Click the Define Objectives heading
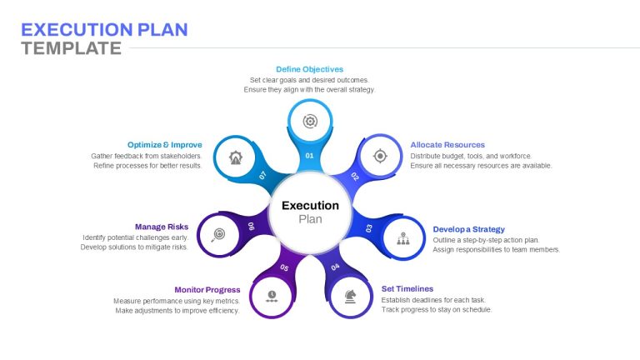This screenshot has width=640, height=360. [309, 69]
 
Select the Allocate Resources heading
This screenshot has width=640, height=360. [447, 145]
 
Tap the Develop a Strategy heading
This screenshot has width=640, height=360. [468, 229]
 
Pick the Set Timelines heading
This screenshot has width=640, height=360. [407, 289]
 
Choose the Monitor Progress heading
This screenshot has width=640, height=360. [207, 290]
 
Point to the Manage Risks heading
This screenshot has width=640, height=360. [162, 227]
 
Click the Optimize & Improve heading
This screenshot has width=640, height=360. [164, 145]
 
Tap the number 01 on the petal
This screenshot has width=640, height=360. [309, 156]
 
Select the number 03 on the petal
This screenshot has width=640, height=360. [369, 228]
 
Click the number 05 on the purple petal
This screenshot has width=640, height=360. [284, 267]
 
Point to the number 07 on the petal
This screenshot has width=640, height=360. [262, 176]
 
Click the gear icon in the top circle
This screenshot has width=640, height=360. [310, 121]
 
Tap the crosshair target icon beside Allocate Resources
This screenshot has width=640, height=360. [380, 156]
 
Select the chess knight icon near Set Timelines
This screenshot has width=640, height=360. [350, 297]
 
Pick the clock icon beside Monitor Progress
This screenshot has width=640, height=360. [272, 297]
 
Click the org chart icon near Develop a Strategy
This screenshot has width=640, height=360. [403, 238]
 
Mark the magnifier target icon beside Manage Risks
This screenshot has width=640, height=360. [218, 235]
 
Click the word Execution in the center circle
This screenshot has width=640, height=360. [310, 205]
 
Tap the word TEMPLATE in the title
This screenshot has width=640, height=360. [72, 48]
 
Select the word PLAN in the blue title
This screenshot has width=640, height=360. [162, 30]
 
